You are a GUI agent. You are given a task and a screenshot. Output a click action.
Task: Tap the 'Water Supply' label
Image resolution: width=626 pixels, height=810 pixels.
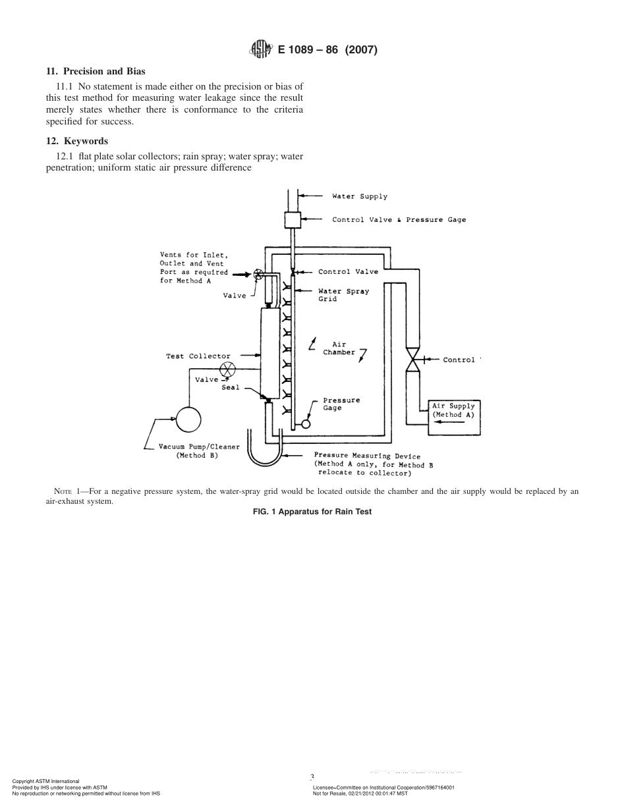click(x=359, y=196)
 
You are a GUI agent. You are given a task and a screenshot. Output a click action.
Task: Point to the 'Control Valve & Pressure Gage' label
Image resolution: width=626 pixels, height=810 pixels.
click(x=399, y=219)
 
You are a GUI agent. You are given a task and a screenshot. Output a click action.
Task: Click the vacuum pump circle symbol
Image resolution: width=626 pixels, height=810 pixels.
click(x=188, y=418)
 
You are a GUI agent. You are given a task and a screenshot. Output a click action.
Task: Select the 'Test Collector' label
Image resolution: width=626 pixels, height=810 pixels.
click(x=198, y=356)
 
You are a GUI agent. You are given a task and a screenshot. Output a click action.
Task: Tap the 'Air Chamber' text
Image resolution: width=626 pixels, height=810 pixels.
click(x=339, y=348)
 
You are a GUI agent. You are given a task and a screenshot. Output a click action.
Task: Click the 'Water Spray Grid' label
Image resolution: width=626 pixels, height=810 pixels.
click(x=343, y=295)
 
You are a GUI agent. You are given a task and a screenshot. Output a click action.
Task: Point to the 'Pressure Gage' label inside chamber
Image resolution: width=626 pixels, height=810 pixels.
click(x=341, y=404)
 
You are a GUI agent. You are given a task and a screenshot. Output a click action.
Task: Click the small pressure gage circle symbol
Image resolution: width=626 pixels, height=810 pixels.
click(x=306, y=425)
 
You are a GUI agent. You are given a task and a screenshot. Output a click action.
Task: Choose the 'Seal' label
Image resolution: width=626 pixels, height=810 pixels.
click(x=231, y=388)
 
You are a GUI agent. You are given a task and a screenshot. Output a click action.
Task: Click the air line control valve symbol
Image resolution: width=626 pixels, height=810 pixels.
click(x=414, y=360)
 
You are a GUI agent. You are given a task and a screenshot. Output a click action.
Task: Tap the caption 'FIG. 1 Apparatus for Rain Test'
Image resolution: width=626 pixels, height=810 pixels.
click(x=312, y=512)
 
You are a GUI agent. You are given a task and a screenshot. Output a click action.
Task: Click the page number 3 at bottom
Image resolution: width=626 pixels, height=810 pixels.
click(x=312, y=777)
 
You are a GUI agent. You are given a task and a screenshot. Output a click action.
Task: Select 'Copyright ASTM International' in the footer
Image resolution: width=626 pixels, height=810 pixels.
click(x=46, y=781)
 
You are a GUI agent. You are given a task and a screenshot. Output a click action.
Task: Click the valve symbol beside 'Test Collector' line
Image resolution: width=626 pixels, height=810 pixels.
click(x=227, y=369)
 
